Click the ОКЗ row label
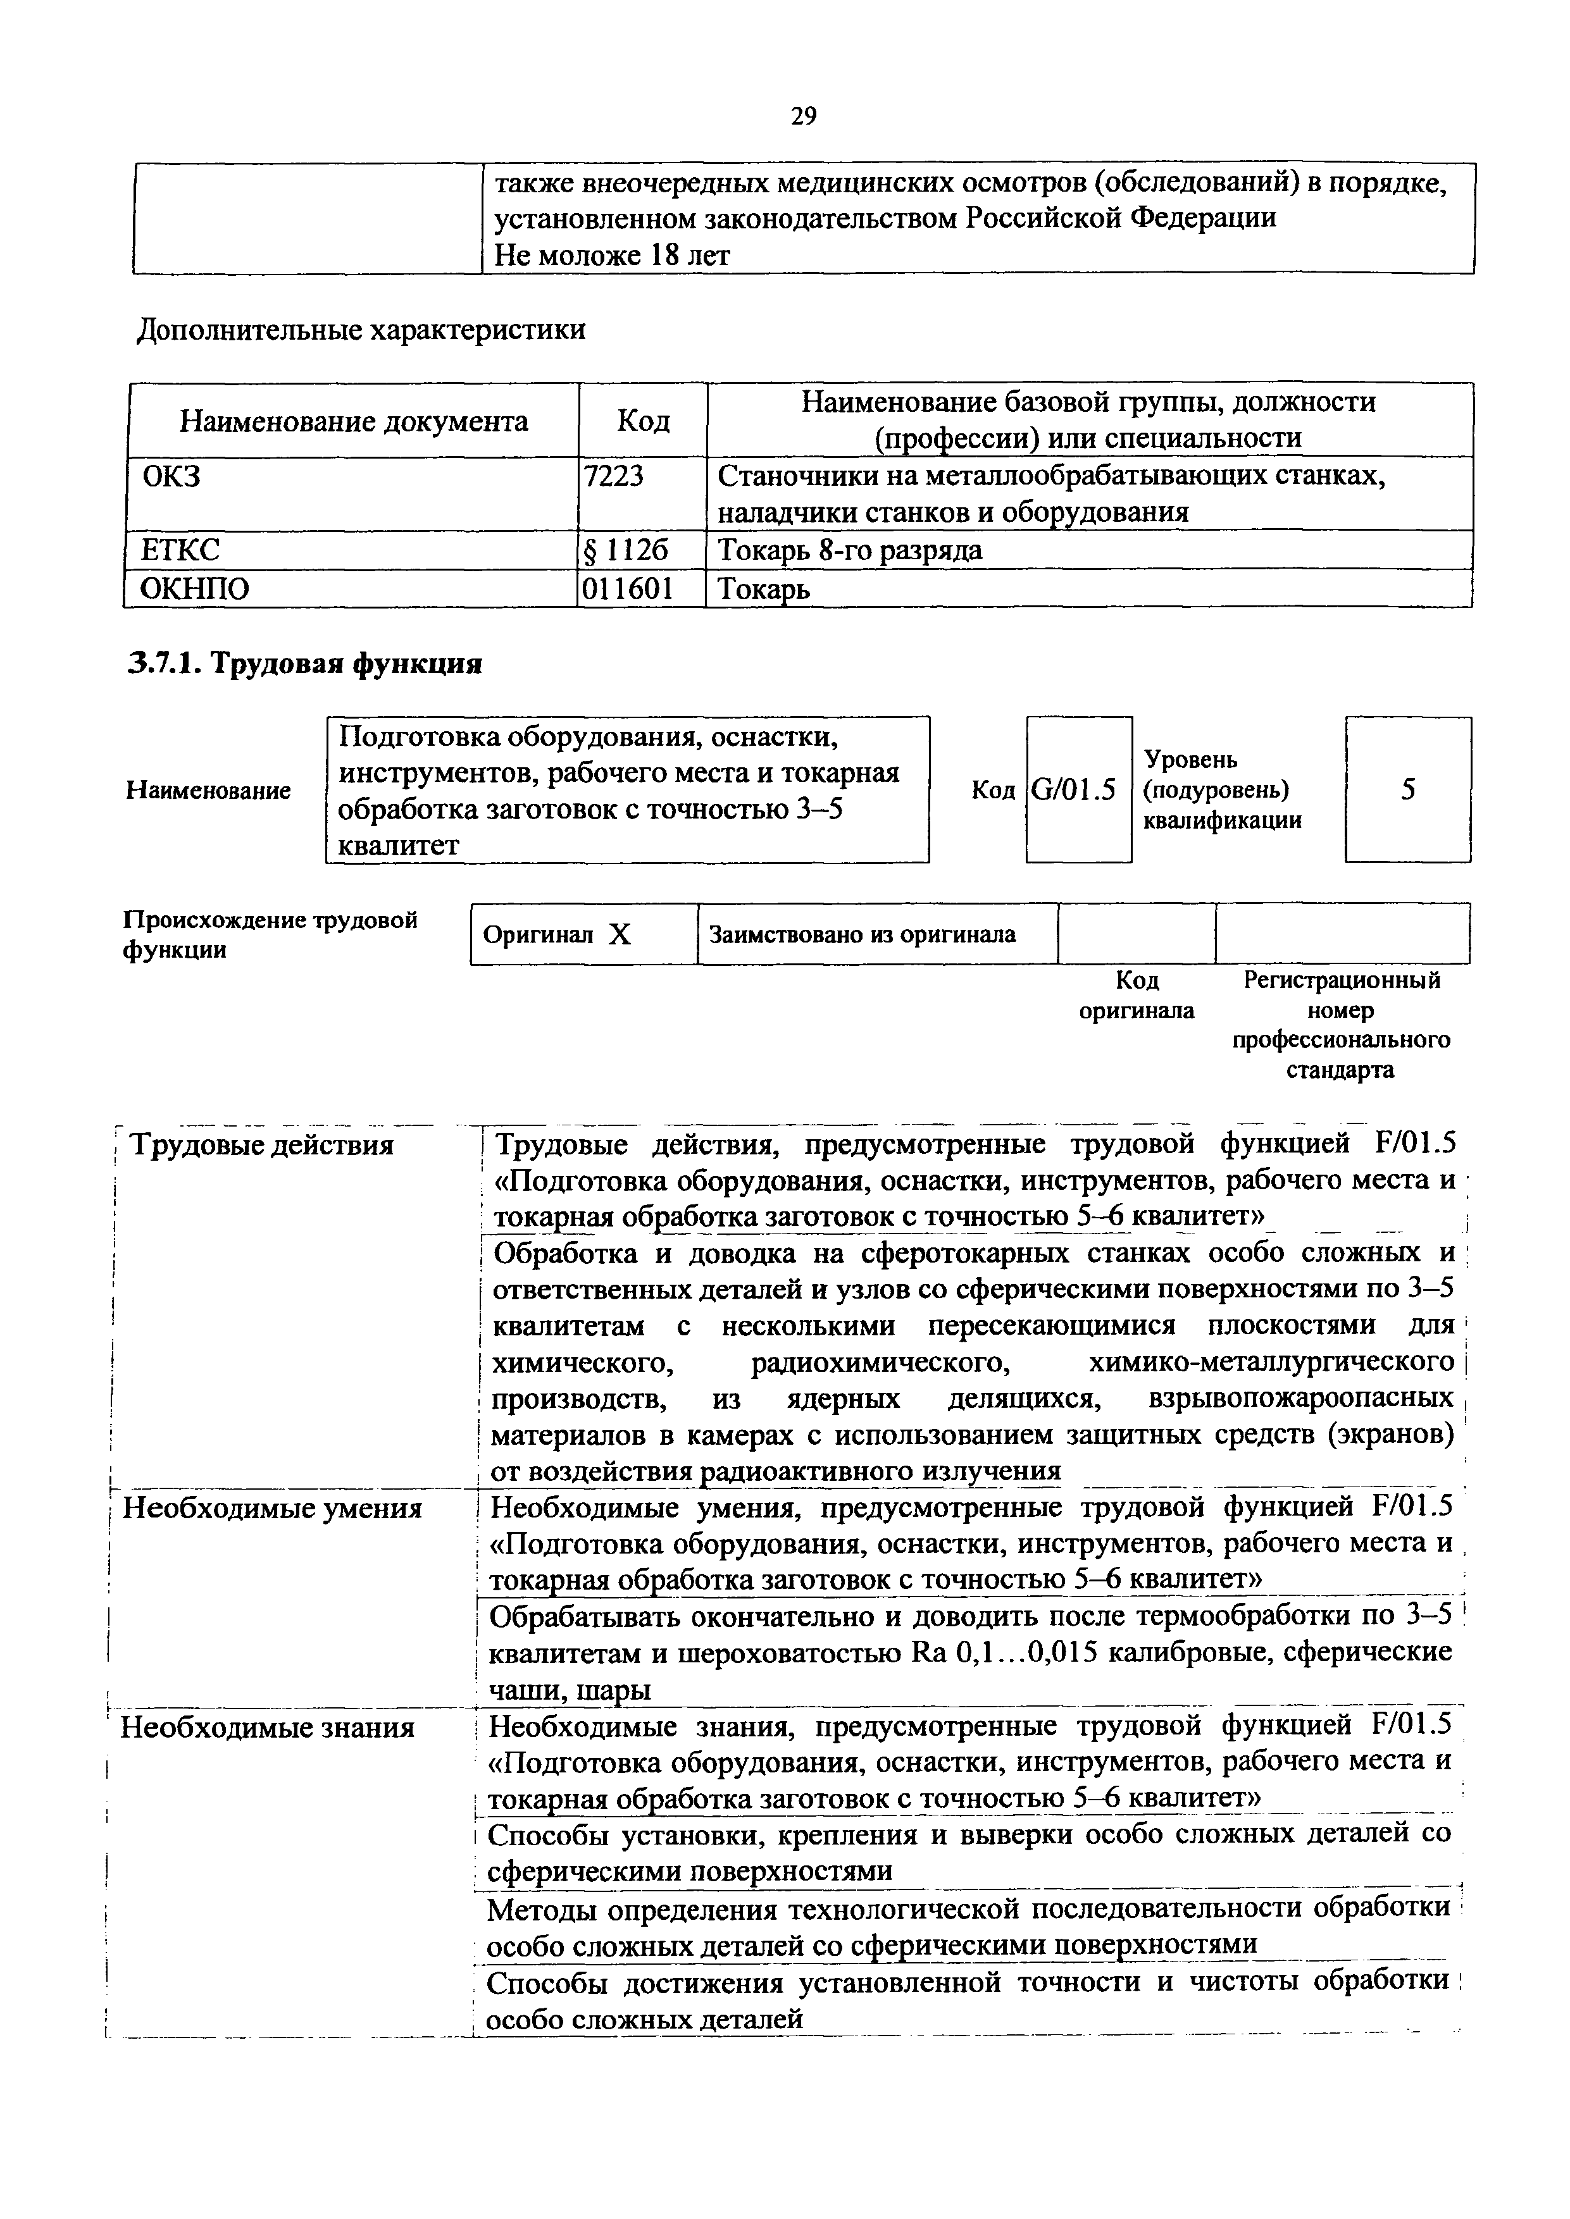172,476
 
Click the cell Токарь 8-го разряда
850,550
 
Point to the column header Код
643,421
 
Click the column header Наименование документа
354,421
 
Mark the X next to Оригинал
620,934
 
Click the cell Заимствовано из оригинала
863,934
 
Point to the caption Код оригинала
1137,996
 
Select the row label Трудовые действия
262,1146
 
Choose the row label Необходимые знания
267,1727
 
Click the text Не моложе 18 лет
612,255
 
